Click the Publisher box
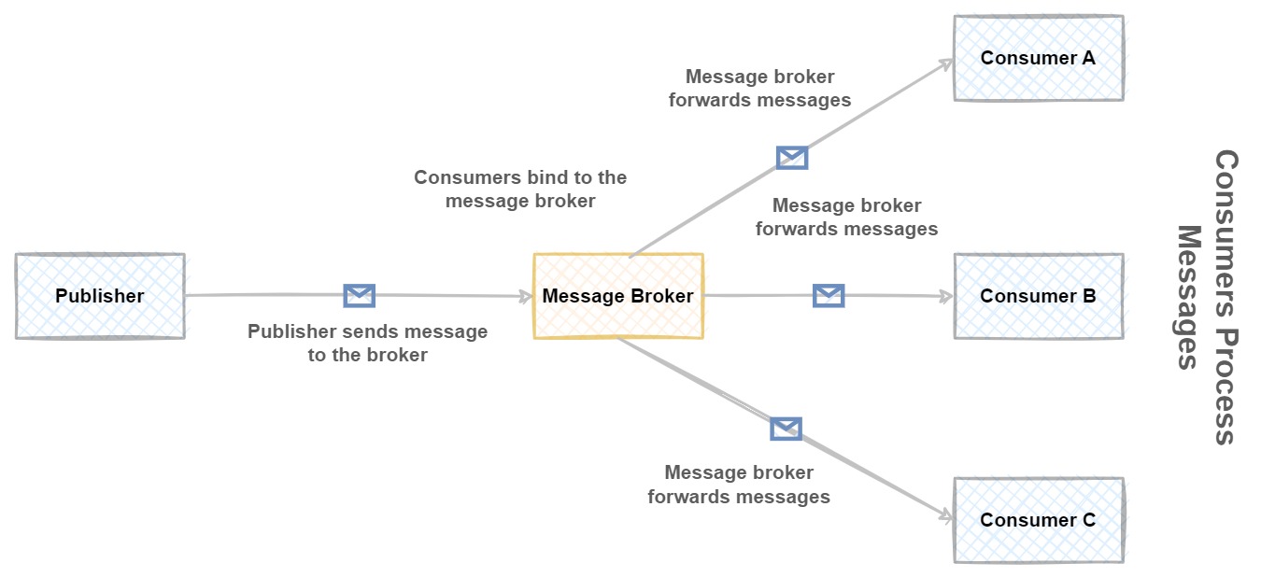100,296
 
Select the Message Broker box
617,296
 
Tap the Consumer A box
1038,58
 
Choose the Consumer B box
1038,296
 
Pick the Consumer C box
1038,520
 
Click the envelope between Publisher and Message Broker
360,296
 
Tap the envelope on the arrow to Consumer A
792,157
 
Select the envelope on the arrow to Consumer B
829,296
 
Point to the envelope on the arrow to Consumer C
786,429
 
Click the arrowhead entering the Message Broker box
526,296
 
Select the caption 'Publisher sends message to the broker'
367,343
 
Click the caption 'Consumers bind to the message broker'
520,189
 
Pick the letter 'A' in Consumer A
1087,58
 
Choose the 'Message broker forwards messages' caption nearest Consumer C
739,485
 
